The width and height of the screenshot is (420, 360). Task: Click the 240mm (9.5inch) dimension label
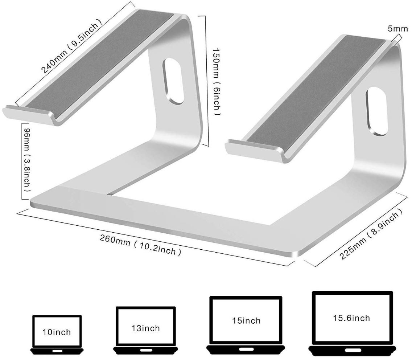(x=71, y=46)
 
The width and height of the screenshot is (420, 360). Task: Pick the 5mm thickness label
(x=398, y=28)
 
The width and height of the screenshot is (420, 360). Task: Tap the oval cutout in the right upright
(x=377, y=111)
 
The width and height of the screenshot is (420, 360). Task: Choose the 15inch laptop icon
(x=246, y=326)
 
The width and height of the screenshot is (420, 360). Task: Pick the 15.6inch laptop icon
(x=351, y=323)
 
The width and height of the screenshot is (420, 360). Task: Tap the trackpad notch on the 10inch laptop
(x=57, y=351)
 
